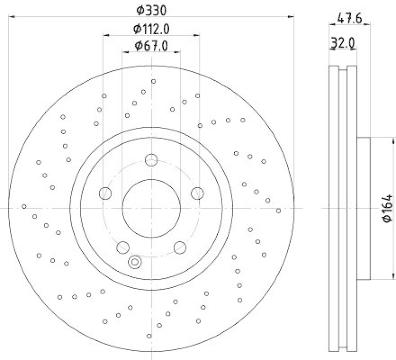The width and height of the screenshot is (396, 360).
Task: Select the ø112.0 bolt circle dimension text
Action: click(x=151, y=29)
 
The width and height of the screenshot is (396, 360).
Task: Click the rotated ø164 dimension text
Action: click(x=388, y=208)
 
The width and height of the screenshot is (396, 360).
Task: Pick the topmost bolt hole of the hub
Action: click(x=151, y=159)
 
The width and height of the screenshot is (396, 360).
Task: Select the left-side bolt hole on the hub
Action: click(x=105, y=193)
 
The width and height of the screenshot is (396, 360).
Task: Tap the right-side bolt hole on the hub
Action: click(x=198, y=193)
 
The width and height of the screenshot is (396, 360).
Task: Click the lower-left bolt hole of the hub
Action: click(x=122, y=247)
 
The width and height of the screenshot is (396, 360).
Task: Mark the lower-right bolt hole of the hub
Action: click(x=180, y=247)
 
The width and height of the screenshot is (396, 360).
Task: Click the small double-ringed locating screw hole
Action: click(x=134, y=262)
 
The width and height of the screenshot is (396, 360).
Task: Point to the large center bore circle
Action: click(x=151, y=208)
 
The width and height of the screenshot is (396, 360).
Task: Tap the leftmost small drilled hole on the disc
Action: click(x=24, y=206)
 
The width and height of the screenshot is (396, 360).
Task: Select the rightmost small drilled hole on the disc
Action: click(x=278, y=210)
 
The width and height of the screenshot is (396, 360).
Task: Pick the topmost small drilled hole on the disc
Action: click(x=153, y=81)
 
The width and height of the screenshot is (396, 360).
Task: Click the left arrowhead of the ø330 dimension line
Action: click(x=12, y=17)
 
